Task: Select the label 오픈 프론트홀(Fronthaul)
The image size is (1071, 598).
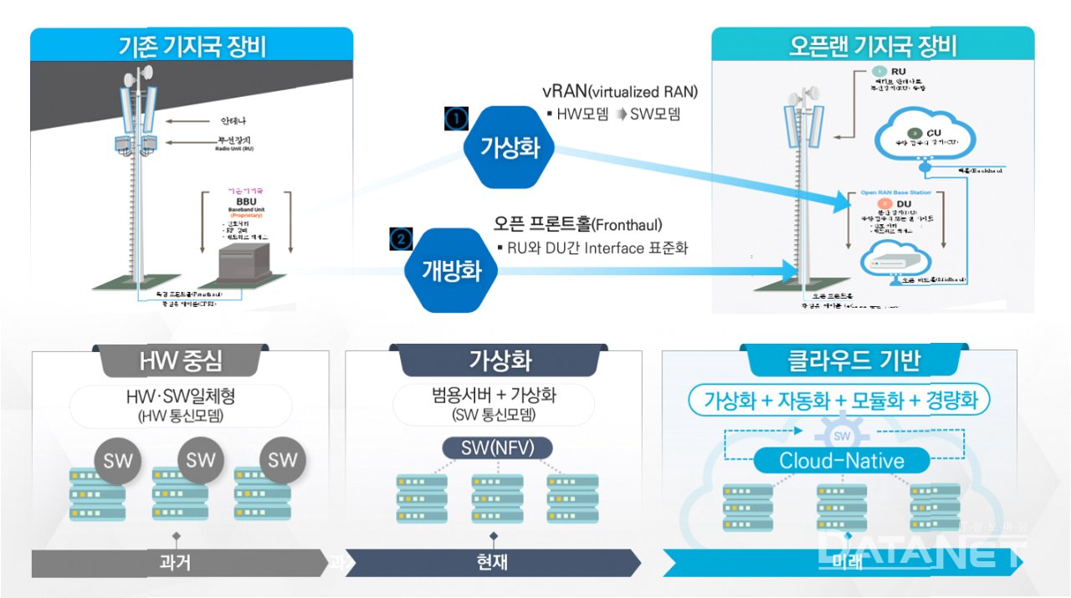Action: (577, 225)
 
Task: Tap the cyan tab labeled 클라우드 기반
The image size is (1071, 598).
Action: (843, 360)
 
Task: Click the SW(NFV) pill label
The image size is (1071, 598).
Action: (498, 447)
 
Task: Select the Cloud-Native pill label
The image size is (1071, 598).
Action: (842, 460)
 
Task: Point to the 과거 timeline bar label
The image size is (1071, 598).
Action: (176, 562)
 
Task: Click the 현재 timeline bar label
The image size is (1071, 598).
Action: (494, 562)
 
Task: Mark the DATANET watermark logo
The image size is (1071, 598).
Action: (921, 549)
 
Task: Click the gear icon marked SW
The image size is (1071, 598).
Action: (842, 437)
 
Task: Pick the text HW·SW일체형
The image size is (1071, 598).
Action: (180, 396)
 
